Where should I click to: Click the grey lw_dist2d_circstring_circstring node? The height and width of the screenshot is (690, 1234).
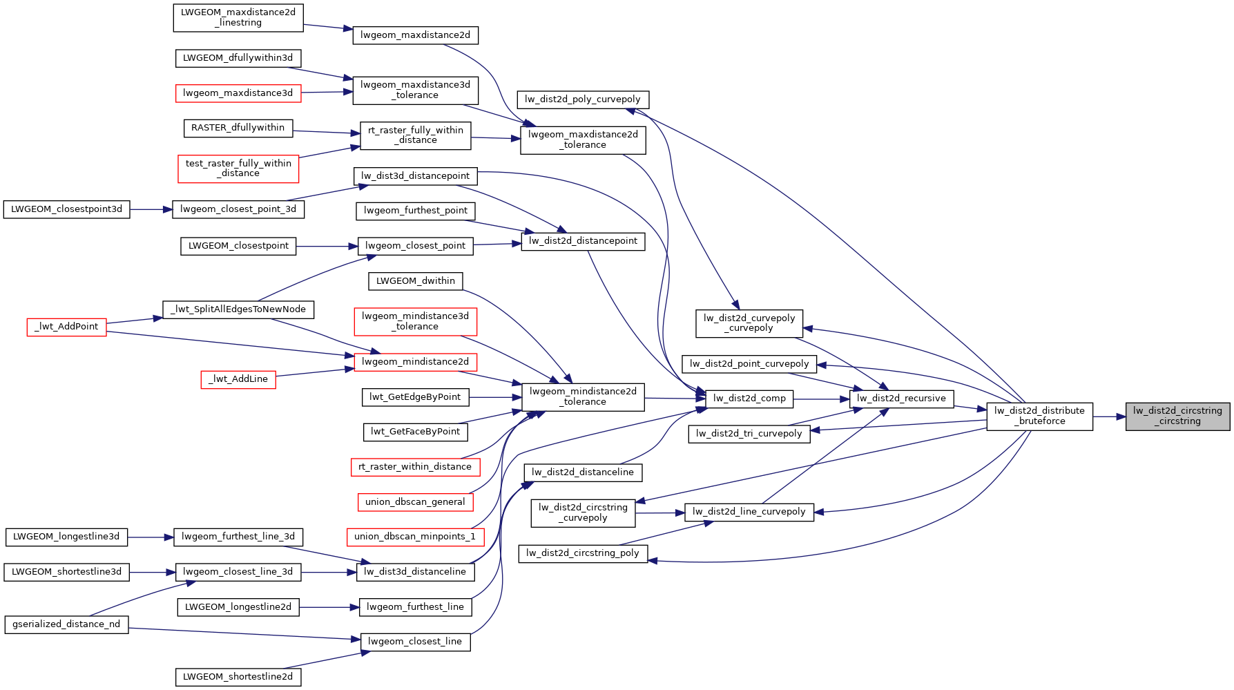pyautogui.click(x=1177, y=416)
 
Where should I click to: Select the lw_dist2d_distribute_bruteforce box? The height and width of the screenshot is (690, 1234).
pyautogui.click(x=1039, y=416)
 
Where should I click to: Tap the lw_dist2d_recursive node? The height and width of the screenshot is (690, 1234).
pyautogui.click(x=901, y=399)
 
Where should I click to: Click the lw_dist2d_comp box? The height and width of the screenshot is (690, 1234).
pyautogui.click(x=749, y=399)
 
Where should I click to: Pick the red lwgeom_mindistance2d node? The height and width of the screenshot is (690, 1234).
pyautogui.click(x=415, y=362)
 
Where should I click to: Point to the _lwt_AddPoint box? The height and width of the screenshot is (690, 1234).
pyautogui.click(x=67, y=327)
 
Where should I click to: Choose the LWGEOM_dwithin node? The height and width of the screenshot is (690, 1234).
pyautogui.click(x=415, y=281)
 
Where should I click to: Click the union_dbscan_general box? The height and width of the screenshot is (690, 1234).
pyautogui.click(x=415, y=502)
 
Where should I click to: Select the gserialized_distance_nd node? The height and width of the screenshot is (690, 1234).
pyautogui.click(x=66, y=624)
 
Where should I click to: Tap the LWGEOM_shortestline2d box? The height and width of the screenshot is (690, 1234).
pyautogui.click(x=238, y=677)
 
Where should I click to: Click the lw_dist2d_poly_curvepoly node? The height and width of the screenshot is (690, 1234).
pyautogui.click(x=583, y=99)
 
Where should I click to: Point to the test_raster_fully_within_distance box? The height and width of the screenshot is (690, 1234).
pyautogui.click(x=238, y=169)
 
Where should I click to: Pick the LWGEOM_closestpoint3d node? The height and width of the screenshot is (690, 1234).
pyautogui.click(x=66, y=209)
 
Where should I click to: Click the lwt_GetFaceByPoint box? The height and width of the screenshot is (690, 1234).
pyautogui.click(x=415, y=432)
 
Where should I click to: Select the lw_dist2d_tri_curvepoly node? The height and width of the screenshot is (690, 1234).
pyautogui.click(x=749, y=434)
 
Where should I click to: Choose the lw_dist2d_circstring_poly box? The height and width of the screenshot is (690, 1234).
pyautogui.click(x=583, y=553)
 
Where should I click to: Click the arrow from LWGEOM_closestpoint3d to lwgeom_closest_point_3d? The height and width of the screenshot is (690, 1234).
pyautogui.click(x=151, y=209)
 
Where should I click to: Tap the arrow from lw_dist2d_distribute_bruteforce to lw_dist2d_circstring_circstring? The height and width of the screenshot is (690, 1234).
pyautogui.click(x=1109, y=416)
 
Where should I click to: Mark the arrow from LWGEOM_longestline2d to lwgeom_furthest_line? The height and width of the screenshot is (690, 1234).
pyautogui.click(x=329, y=607)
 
